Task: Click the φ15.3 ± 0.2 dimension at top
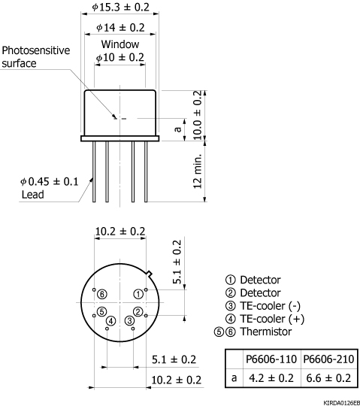click(120, 7)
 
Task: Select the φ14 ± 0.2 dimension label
click(120, 28)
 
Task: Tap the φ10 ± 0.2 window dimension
click(120, 57)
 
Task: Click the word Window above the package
click(120, 44)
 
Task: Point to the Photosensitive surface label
click(35, 56)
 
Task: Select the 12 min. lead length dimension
click(198, 172)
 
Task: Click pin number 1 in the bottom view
click(138, 293)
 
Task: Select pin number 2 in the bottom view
click(138, 311)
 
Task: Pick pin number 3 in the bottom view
click(129, 321)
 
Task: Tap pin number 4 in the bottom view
click(110, 321)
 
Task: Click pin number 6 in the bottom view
click(102, 293)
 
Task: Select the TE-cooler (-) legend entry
click(269, 307)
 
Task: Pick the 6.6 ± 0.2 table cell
click(326, 376)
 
